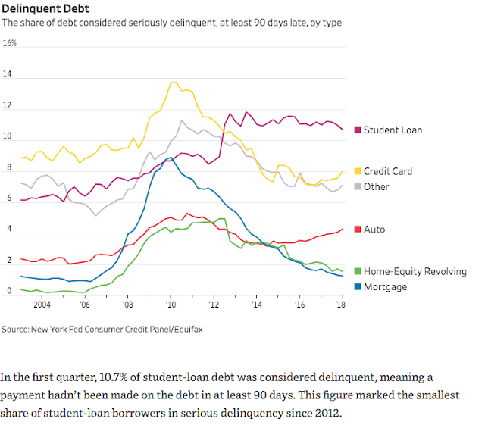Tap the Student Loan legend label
point(393,130)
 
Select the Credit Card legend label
point(388,172)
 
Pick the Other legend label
point(377,186)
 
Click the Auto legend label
point(374,230)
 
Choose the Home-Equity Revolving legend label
point(415,271)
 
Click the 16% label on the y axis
point(10,44)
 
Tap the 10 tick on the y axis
point(8,137)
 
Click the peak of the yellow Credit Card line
point(174,82)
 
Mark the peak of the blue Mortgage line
point(171,157)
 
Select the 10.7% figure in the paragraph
point(108,377)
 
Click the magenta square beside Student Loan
point(358,130)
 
